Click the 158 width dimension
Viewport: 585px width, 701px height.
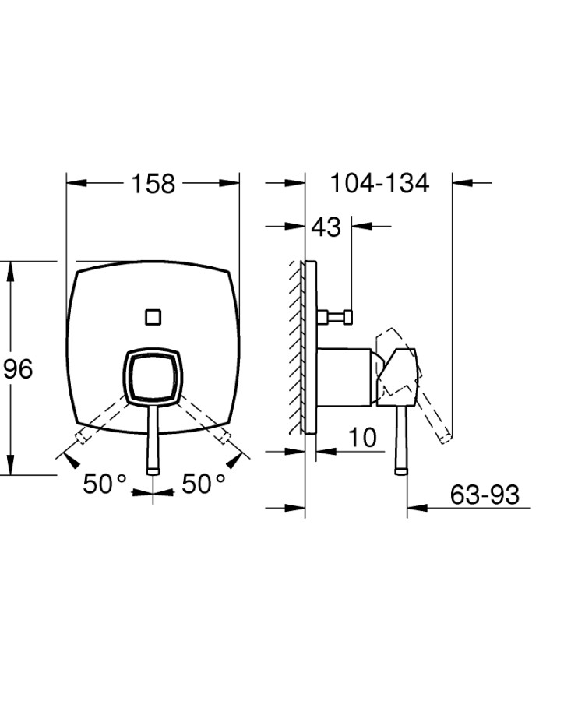click(153, 184)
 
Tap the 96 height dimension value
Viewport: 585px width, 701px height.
click(19, 369)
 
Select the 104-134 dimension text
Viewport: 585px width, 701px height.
click(379, 183)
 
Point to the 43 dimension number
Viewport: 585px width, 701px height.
click(326, 227)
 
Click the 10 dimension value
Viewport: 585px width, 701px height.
click(362, 438)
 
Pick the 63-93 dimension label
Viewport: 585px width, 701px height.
click(485, 495)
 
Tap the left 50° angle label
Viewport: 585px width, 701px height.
click(105, 484)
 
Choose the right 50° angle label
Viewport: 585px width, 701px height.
click(203, 484)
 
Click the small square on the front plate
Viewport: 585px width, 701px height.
click(153, 317)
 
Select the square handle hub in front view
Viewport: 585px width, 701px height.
click(153, 374)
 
